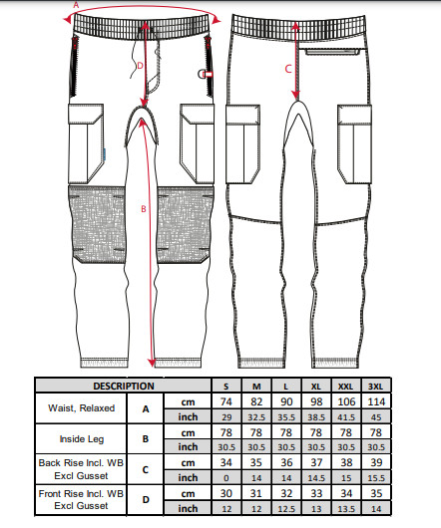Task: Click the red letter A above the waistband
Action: tap(76, 5)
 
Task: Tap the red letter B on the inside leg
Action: tap(144, 209)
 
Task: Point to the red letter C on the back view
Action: tap(288, 69)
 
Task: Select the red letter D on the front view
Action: tap(141, 66)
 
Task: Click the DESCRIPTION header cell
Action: tap(124, 386)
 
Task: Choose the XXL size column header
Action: tap(345, 387)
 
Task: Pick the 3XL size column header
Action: tap(375, 387)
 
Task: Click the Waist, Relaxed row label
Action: tap(81, 408)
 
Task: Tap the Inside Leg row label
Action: tap(82, 439)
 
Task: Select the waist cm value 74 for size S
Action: tap(226, 401)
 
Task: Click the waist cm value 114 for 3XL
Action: tap(376, 401)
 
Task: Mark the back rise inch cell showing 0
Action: tap(226, 478)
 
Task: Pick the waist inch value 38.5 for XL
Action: tap(316, 417)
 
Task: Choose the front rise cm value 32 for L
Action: tap(286, 494)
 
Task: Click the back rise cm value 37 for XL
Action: tap(316, 462)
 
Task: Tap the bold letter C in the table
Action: tap(146, 470)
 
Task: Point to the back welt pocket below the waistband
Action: tap(332, 52)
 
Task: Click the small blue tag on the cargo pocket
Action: tap(105, 154)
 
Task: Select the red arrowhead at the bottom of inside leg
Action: tap(152, 363)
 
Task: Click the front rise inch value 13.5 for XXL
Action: tap(346, 509)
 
